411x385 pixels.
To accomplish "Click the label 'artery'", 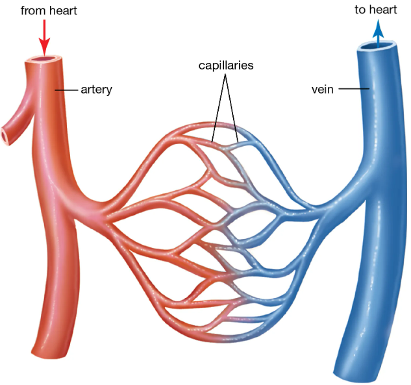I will click(97, 90).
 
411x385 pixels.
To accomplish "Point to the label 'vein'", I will click(323, 90).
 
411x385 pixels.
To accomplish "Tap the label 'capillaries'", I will click(225, 66).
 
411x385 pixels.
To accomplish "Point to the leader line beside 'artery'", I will click(67, 90).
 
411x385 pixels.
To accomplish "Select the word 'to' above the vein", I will click(361, 10).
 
